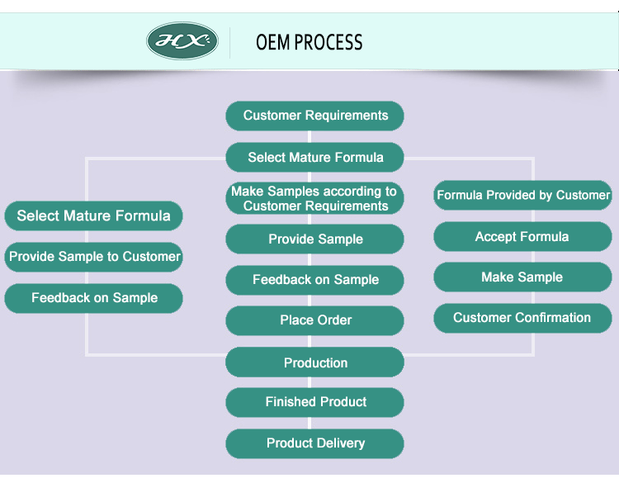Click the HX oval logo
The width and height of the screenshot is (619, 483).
point(182,41)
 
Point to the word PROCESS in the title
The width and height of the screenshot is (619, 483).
point(332,42)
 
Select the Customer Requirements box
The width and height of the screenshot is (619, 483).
point(315,116)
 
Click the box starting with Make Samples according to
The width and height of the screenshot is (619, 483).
point(314,198)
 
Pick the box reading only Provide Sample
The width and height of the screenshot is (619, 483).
point(315,239)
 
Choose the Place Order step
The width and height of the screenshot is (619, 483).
point(315,320)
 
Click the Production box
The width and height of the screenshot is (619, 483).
point(315,362)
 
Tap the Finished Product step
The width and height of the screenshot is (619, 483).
point(315,402)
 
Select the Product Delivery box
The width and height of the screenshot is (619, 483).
point(315,443)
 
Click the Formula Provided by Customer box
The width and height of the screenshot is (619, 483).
point(523,196)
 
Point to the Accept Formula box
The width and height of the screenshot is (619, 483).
point(522,237)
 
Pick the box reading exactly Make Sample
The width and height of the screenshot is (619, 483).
point(522,277)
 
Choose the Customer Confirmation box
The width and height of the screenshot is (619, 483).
point(522,318)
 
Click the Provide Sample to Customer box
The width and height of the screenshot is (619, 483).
point(94,257)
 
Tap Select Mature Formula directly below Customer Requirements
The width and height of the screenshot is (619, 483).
point(315,157)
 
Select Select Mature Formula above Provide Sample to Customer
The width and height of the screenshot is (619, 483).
point(93,216)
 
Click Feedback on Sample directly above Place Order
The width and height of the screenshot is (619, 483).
point(315,280)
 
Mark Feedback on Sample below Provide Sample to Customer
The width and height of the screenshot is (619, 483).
point(94,298)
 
